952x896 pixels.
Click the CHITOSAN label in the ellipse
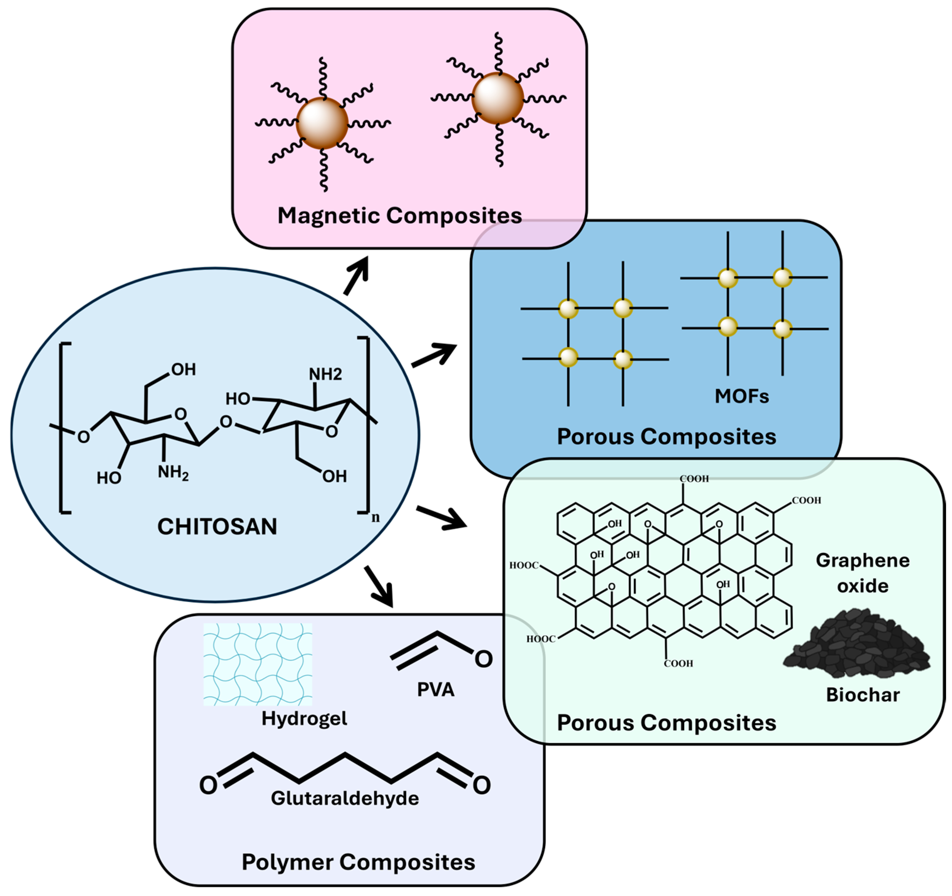[x=217, y=527]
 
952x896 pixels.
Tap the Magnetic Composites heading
[x=400, y=216]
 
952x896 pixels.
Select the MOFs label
[x=742, y=396]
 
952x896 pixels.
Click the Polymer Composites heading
[x=358, y=862]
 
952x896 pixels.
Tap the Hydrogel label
[x=304, y=718]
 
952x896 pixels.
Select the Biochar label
[x=863, y=695]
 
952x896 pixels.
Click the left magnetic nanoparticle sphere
[x=322, y=123]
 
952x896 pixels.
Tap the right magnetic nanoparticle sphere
[x=498, y=98]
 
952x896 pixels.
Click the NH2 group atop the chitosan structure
[x=325, y=374]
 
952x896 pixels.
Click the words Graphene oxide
[x=863, y=573]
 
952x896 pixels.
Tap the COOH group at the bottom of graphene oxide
[x=678, y=663]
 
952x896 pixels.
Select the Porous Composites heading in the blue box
[x=666, y=437]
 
